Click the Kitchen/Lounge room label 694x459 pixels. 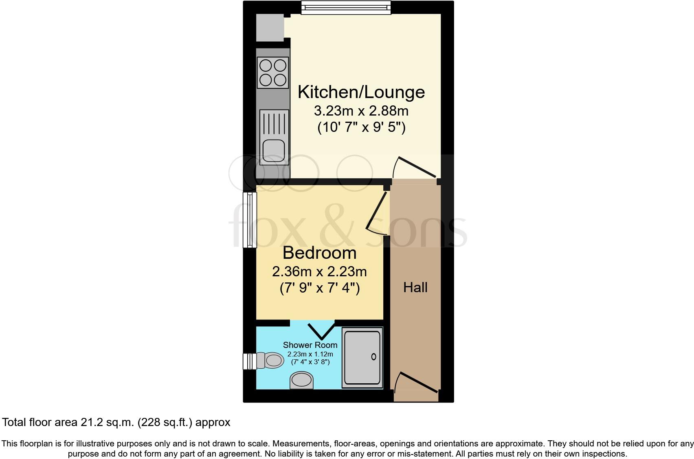click(x=361, y=92)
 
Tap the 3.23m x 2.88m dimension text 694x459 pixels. click(x=361, y=111)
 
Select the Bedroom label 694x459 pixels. click(x=319, y=253)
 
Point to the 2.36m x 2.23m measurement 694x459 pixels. click(x=319, y=271)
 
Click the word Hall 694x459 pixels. click(x=415, y=288)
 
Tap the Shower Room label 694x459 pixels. click(x=310, y=345)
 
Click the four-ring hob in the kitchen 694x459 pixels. click(x=272, y=72)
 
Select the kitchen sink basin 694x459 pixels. click(x=273, y=151)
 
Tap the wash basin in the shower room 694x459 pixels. click(x=302, y=380)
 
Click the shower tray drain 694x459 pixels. click(x=373, y=357)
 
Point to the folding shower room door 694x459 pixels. click(x=321, y=330)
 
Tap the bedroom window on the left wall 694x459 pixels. click(x=250, y=220)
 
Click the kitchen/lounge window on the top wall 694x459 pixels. click(x=346, y=7)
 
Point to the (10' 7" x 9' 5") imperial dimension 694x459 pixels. click(x=361, y=128)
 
